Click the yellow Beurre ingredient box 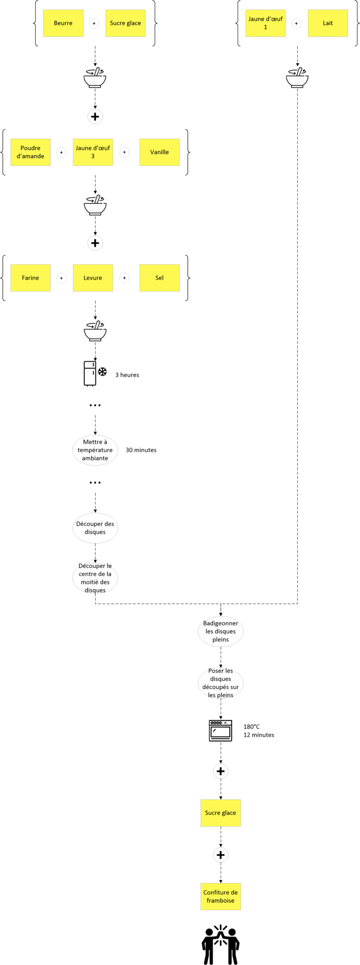pyautogui.click(x=63, y=23)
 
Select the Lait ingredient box pyautogui.click(x=328, y=23)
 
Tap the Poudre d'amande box pyautogui.click(x=30, y=152)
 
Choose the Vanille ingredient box pyautogui.click(x=159, y=152)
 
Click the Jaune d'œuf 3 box pyautogui.click(x=93, y=152)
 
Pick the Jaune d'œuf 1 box pyautogui.click(x=265, y=23)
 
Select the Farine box pyautogui.click(x=30, y=278)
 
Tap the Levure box pyautogui.click(x=93, y=278)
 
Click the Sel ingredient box pyautogui.click(x=159, y=278)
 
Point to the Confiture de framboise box pyautogui.click(x=221, y=896)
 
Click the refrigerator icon pyautogui.click(x=90, y=373)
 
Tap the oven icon pyautogui.click(x=221, y=731)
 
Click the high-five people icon pyautogui.click(x=221, y=944)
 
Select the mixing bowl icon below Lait pyautogui.click(x=297, y=78)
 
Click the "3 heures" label pyautogui.click(x=127, y=375)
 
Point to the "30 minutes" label pyautogui.click(x=141, y=450)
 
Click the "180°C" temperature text pyautogui.click(x=251, y=727)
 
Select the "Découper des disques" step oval pyautogui.click(x=95, y=528)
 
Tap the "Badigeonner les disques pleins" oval pyautogui.click(x=221, y=632)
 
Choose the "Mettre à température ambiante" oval pyautogui.click(x=95, y=450)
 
